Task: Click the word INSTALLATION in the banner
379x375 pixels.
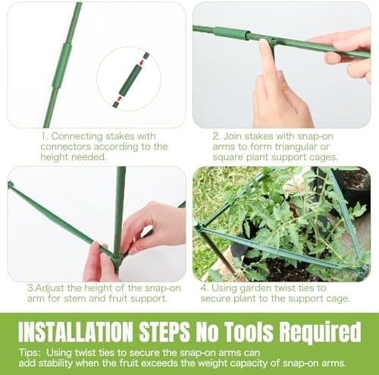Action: (x=76, y=332)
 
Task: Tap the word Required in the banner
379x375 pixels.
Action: (x=320, y=332)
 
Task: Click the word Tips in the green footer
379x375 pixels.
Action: (x=30, y=353)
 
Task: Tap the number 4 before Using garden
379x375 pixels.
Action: (x=205, y=288)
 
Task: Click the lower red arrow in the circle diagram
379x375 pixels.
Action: (x=120, y=98)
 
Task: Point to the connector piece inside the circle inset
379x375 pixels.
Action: (x=130, y=79)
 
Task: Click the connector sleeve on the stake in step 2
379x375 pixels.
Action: (x=230, y=33)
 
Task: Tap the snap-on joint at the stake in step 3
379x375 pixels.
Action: (x=117, y=258)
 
